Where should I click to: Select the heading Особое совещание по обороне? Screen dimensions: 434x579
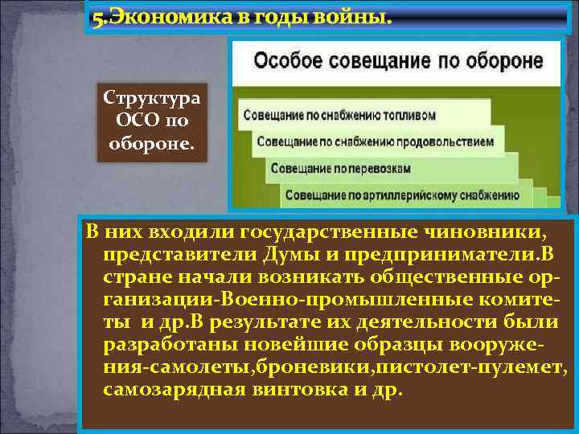(398, 61)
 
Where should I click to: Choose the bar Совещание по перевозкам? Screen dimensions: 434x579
(340, 169)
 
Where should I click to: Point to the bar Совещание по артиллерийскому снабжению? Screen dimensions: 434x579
(400, 194)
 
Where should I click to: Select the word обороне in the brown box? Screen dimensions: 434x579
(150, 144)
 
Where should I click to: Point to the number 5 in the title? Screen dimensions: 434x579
(97, 18)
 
